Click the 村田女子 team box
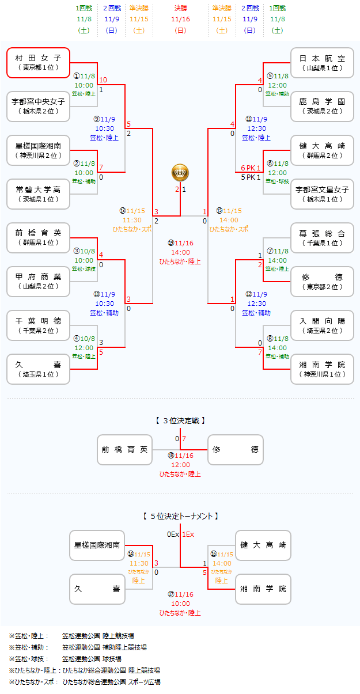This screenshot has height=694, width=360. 39,62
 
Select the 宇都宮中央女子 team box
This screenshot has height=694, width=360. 39,106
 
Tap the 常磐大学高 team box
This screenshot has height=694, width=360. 39,194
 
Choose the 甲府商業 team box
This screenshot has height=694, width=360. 39,281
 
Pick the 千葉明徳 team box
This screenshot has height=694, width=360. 39,325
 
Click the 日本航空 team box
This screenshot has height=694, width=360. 322,62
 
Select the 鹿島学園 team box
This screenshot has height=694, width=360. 322,106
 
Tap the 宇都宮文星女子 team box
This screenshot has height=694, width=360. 322,194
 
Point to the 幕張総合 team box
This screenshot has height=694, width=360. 322,237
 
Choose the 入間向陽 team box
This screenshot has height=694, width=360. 322,325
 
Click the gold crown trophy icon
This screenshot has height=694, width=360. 180,172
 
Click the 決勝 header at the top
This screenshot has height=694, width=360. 180,9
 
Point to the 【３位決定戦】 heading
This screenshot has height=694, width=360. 180,421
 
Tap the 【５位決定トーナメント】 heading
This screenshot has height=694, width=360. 180,517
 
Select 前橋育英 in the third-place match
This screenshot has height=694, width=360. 125,450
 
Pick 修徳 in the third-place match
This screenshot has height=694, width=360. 236,450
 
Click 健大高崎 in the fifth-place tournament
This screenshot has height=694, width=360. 263,545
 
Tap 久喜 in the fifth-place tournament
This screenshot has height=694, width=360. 97,589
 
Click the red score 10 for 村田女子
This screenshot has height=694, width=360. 103,80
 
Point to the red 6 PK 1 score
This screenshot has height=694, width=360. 251,168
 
